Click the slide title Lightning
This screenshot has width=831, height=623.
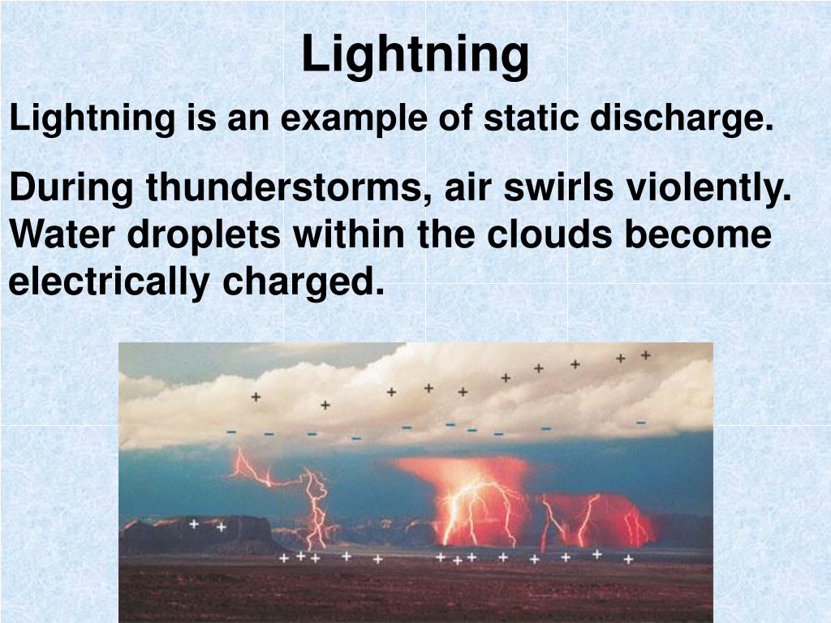415,54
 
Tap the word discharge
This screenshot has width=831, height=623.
681,119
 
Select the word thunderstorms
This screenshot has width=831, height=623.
290,189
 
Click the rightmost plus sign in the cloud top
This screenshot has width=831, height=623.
646,354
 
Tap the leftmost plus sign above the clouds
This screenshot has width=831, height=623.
256,397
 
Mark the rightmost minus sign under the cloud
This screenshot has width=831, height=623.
641,422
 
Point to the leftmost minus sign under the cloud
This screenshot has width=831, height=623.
232,432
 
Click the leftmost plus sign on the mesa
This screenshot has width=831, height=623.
194,524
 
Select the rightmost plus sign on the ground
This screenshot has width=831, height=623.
628,559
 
